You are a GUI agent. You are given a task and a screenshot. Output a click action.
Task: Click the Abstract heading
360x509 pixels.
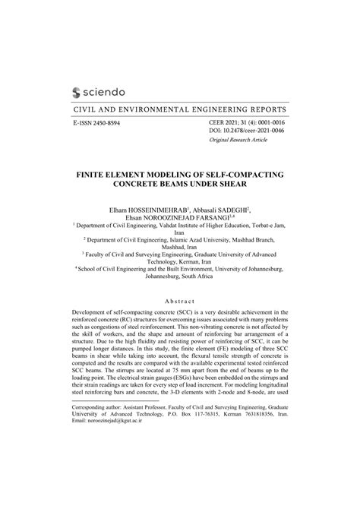pos(179,301)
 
